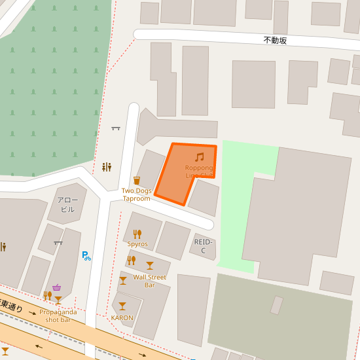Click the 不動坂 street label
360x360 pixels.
pyautogui.click(x=275, y=41)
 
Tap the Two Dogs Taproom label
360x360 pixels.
pyautogui.click(x=136, y=194)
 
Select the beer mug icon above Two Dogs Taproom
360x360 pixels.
pyautogui.click(x=137, y=180)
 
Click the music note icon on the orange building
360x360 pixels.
pyautogui.click(x=200, y=157)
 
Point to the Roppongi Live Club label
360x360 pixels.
pyautogui.click(x=199, y=171)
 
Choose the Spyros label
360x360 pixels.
pyautogui.click(x=137, y=244)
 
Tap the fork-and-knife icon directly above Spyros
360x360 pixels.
pyautogui.click(x=137, y=234)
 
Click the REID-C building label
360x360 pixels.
pyautogui.click(x=204, y=246)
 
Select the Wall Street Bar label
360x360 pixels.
pyautogui.click(x=149, y=281)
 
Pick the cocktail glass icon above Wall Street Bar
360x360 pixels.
pyautogui.click(x=150, y=265)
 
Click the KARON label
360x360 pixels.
pyautogui.click(x=122, y=317)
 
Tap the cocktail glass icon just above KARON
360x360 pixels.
pyautogui.click(x=122, y=306)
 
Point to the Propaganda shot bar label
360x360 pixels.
pyautogui.click(x=58, y=315)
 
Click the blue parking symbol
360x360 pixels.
pyautogui.click(x=86, y=256)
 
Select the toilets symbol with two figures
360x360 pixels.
pyautogui.click(x=107, y=168)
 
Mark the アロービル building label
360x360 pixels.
pyautogui.click(x=67, y=204)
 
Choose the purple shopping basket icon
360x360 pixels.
pyautogui.click(x=57, y=287)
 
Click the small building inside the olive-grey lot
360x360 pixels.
pyautogui.click(x=277, y=305)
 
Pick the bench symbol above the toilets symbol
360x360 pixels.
pyautogui.click(x=116, y=128)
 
